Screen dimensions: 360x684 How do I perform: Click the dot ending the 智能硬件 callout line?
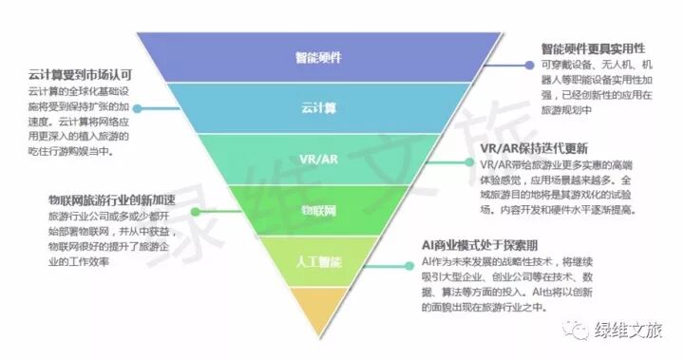(x=526, y=66)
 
